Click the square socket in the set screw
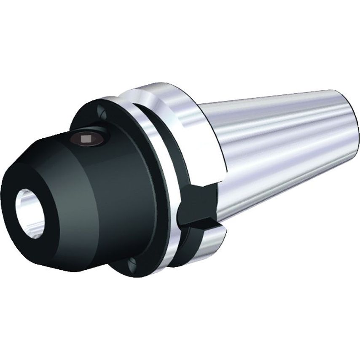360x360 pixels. (x=87, y=138)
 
